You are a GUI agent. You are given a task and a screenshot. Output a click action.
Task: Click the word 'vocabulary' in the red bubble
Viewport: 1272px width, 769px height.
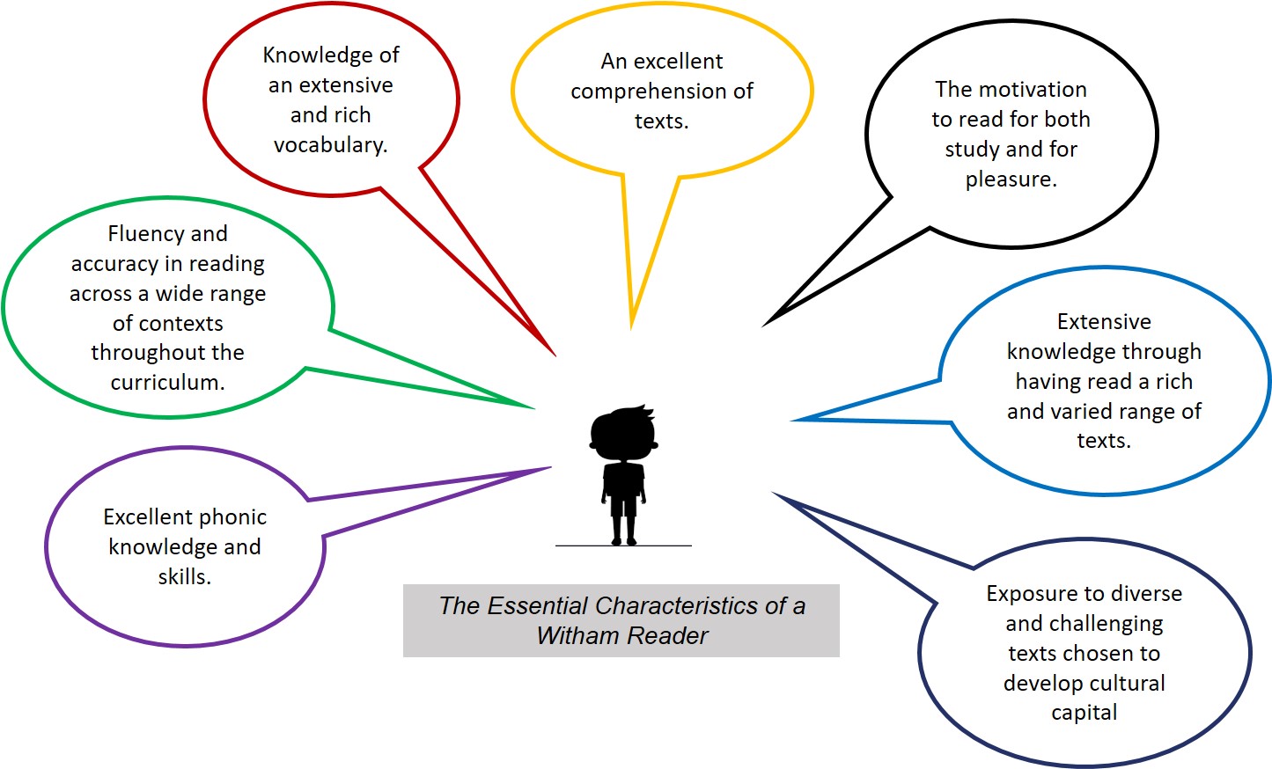(x=329, y=145)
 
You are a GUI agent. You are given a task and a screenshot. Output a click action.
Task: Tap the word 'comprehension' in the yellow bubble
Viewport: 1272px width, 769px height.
(x=641, y=92)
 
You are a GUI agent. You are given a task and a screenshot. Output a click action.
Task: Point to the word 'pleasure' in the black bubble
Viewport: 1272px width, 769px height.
(x=1009, y=179)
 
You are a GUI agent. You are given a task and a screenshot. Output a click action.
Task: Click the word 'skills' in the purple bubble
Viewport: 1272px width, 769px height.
(x=183, y=577)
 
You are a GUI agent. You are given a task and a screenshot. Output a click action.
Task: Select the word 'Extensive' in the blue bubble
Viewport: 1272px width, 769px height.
(x=1104, y=322)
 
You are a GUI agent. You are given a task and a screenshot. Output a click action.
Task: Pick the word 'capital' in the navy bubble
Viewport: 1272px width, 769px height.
(x=1084, y=713)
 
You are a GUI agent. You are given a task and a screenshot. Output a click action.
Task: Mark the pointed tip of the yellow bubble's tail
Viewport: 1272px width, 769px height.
(x=631, y=327)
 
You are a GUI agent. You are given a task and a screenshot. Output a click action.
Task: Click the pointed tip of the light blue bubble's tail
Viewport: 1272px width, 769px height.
(x=792, y=420)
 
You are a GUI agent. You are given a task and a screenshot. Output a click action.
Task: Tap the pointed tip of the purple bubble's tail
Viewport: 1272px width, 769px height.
(x=550, y=467)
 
